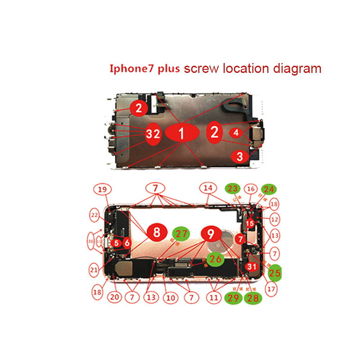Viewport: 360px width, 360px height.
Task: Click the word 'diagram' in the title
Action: [x=297, y=68]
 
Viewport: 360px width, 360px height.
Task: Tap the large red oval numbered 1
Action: [x=182, y=133]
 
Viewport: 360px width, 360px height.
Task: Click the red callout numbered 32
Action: [x=153, y=134]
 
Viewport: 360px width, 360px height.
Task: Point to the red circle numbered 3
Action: [x=240, y=157]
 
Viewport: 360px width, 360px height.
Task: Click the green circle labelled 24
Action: [x=268, y=189]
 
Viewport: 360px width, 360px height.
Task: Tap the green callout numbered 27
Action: [x=181, y=234]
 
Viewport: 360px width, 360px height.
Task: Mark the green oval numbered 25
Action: [x=274, y=272]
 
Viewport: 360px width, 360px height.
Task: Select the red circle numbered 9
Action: [x=210, y=233]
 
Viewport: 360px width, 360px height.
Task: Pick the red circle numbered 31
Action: [x=251, y=266]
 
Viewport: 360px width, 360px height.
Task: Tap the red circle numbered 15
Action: [x=250, y=223]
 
